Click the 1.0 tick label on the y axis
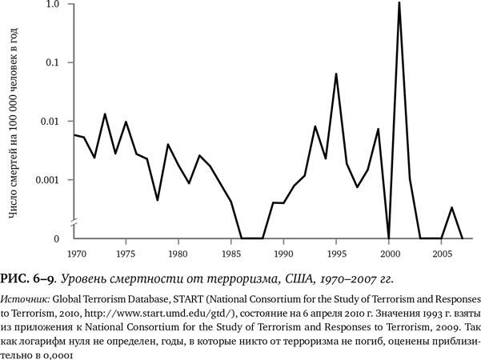click(x=53, y=5)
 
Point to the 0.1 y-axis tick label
click(x=53, y=62)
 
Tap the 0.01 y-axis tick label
click(x=50, y=121)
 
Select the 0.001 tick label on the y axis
click(x=48, y=179)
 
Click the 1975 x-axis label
click(x=126, y=254)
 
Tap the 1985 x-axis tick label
click(x=231, y=254)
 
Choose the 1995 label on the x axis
click(x=336, y=254)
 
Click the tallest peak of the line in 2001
click(x=399, y=3)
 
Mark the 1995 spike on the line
click(x=336, y=74)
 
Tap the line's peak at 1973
click(x=105, y=114)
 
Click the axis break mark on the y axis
click(x=73, y=221)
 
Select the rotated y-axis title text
click(x=14, y=124)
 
